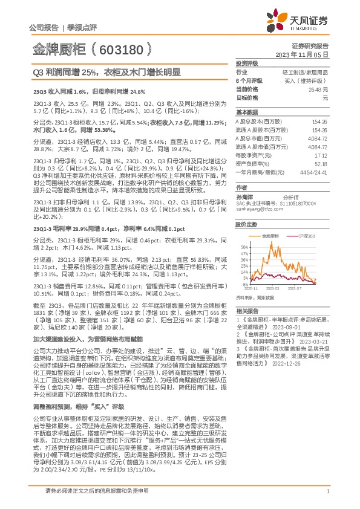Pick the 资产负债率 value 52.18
321,146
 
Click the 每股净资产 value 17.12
321,138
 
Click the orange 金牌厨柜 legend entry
270,236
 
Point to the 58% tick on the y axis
244,247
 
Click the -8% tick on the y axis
244,284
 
